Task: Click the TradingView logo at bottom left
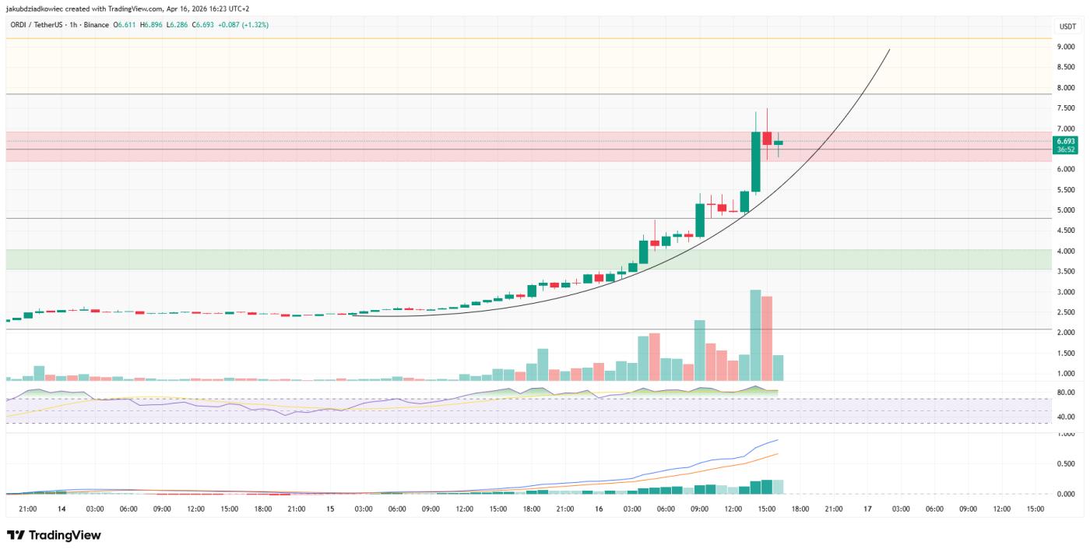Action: pyautogui.click(x=54, y=535)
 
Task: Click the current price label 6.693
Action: pyautogui.click(x=1065, y=141)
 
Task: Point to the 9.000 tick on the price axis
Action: pyautogui.click(x=1065, y=47)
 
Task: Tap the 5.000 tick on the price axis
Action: pyautogui.click(x=1065, y=210)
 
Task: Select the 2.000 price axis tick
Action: pyautogui.click(x=1065, y=333)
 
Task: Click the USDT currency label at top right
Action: pyautogui.click(x=1065, y=27)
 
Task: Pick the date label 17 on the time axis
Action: pyautogui.click(x=867, y=509)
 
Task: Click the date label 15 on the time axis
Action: pyautogui.click(x=330, y=509)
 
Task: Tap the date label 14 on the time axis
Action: pyautogui.click(x=61, y=509)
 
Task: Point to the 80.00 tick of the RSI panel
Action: pyautogui.click(x=1065, y=393)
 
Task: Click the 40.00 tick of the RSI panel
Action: pyautogui.click(x=1065, y=417)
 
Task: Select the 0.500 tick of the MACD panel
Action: pyautogui.click(x=1065, y=463)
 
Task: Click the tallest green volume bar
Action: pyautogui.click(x=755, y=335)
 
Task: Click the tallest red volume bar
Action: pyautogui.click(x=767, y=338)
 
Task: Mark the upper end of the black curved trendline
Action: pyautogui.click(x=889, y=50)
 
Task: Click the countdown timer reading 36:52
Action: pyautogui.click(x=1065, y=150)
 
